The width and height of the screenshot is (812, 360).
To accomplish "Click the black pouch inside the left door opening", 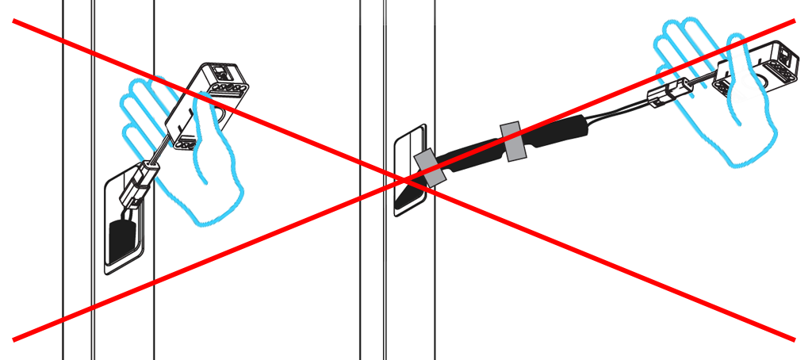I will coord(121,238).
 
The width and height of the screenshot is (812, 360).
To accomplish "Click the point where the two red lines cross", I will coord(406,182).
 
